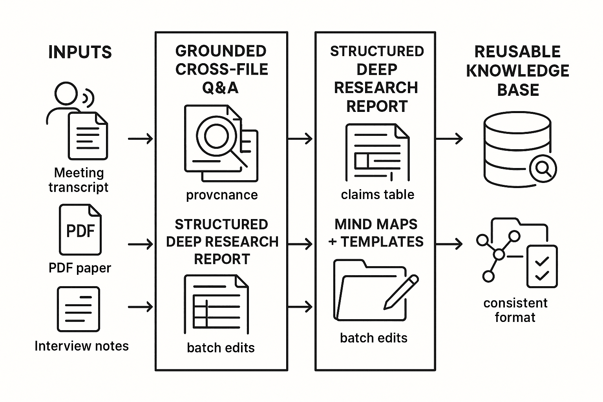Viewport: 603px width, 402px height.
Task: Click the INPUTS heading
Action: tap(80, 52)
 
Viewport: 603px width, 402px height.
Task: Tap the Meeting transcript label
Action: tap(79, 180)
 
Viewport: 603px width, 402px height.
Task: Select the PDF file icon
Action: tap(80, 230)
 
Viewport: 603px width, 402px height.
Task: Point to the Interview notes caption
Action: tap(82, 346)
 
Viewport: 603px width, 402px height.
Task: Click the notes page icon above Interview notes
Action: tap(79, 309)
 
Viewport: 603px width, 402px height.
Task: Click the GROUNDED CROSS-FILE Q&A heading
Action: tap(221, 69)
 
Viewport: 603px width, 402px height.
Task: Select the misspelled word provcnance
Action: tap(222, 195)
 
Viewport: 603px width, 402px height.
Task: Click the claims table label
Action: tap(377, 194)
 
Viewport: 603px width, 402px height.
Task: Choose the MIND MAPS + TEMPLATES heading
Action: tap(376, 233)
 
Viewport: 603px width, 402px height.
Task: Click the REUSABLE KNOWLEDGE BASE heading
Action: tap(517, 71)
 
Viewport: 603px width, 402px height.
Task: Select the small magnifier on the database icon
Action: tap(543, 169)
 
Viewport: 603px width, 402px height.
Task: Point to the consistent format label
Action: tap(515, 310)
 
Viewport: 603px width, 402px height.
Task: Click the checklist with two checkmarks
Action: tap(542, 267)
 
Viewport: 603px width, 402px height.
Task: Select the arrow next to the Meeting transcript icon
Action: tap(140, 139)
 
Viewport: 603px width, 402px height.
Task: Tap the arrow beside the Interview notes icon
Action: tap(140, 307)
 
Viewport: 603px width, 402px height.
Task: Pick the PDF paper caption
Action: tap(80, 268)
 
